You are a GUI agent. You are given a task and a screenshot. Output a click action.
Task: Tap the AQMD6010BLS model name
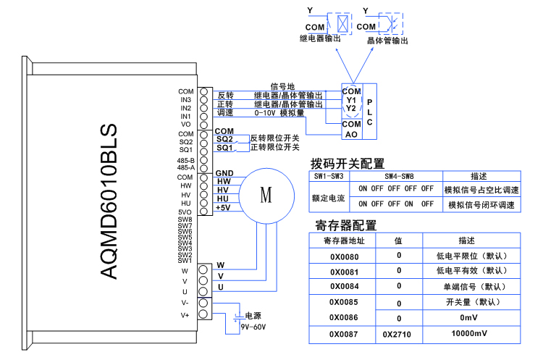(108, 201)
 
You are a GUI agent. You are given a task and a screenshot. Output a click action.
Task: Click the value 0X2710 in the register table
(398, 335)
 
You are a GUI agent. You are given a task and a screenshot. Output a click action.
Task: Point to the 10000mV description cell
(471, 335)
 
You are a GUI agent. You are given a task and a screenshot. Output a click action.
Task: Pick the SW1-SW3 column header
(329, 176)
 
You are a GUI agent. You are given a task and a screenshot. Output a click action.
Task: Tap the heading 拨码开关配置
(347, 163)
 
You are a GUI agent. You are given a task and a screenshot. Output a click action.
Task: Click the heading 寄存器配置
(347, 225)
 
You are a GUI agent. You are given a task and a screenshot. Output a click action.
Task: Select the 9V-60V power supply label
(253, 327)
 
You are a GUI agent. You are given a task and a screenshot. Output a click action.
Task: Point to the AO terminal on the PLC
(351, 134)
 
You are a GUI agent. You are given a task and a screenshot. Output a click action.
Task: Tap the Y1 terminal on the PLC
(351, 100)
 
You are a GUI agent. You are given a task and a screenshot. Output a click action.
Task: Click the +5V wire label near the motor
(223, 208)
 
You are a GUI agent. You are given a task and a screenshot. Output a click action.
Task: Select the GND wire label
(223, 172)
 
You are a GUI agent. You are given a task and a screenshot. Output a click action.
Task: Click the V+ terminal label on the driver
(185, 315)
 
